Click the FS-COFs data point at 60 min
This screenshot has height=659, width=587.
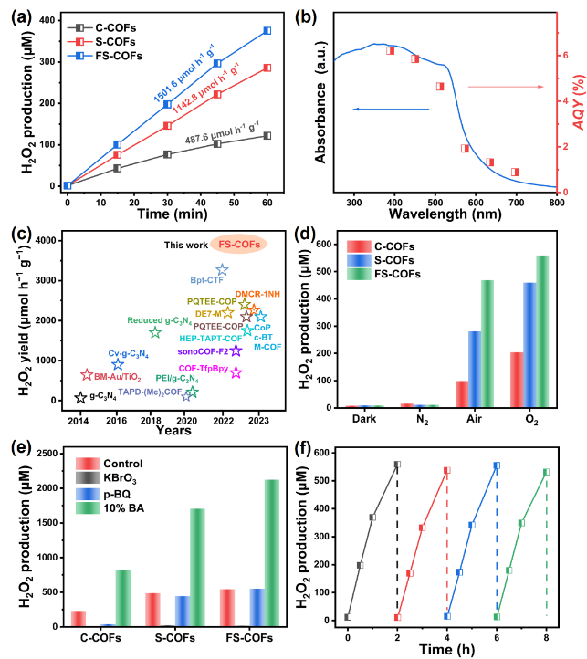point(267,31)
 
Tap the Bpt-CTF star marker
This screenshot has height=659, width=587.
point(222,270)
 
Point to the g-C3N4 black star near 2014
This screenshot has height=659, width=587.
point(81,397)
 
